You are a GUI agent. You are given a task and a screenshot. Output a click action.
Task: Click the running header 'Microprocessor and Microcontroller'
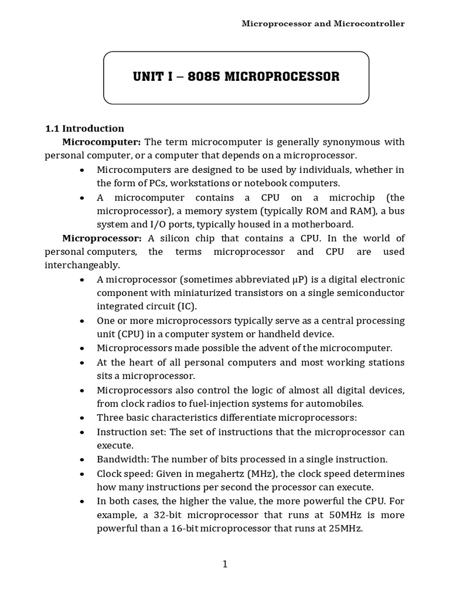tap(323, 23)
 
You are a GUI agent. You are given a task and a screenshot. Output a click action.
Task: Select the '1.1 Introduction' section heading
tap(84, 128)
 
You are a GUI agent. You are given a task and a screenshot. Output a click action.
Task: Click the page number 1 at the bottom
tap(225, 564)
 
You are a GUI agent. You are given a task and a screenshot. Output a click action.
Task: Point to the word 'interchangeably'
tap(81, 265)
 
